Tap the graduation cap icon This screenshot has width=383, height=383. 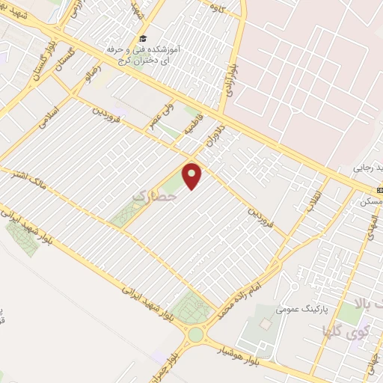click(141, 39)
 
